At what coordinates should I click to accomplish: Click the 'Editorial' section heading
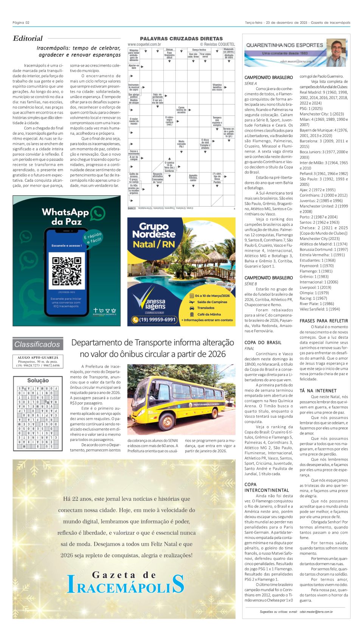coord(28,38)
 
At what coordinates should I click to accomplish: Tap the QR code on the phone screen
coord(67,271)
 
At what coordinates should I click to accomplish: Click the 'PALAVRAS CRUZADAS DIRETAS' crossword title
coord(181,39)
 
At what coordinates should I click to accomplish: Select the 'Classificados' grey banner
coord(37,344)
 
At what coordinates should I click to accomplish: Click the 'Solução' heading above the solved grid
coord(38,380)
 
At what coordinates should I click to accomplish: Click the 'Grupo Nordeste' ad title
coord(154,230)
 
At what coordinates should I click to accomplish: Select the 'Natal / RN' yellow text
coord(154,244)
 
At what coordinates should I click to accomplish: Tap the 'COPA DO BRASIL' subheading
coord(263,343)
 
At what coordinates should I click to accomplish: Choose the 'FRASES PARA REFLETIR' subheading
coord(324,321)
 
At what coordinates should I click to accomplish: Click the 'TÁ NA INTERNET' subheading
coord(318,391)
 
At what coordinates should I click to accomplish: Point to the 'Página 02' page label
coord(21,22)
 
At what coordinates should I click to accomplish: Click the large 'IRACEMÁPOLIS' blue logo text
coord(126,585)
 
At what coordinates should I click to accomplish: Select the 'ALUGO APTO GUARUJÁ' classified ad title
coord(38,357)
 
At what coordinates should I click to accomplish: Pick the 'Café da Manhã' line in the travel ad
coord(209,314)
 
